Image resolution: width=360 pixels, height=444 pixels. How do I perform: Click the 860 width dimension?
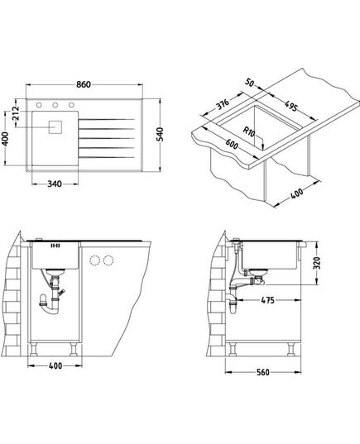coord(84,84)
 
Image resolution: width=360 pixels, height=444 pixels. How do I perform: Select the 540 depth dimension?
coord(161,135)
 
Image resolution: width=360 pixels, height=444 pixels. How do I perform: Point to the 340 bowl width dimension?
coord(55,184)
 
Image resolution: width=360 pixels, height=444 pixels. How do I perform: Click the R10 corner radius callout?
coord(249,131)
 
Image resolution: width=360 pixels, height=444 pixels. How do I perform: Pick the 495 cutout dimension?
coord(290,106)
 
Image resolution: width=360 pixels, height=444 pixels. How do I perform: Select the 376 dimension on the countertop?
coord(223,104)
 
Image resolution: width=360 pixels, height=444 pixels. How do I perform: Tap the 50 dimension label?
coord(250,83)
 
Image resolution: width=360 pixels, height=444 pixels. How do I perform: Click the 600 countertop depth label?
coord(232,144)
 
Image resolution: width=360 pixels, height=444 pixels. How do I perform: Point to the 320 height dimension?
coord(318,263)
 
